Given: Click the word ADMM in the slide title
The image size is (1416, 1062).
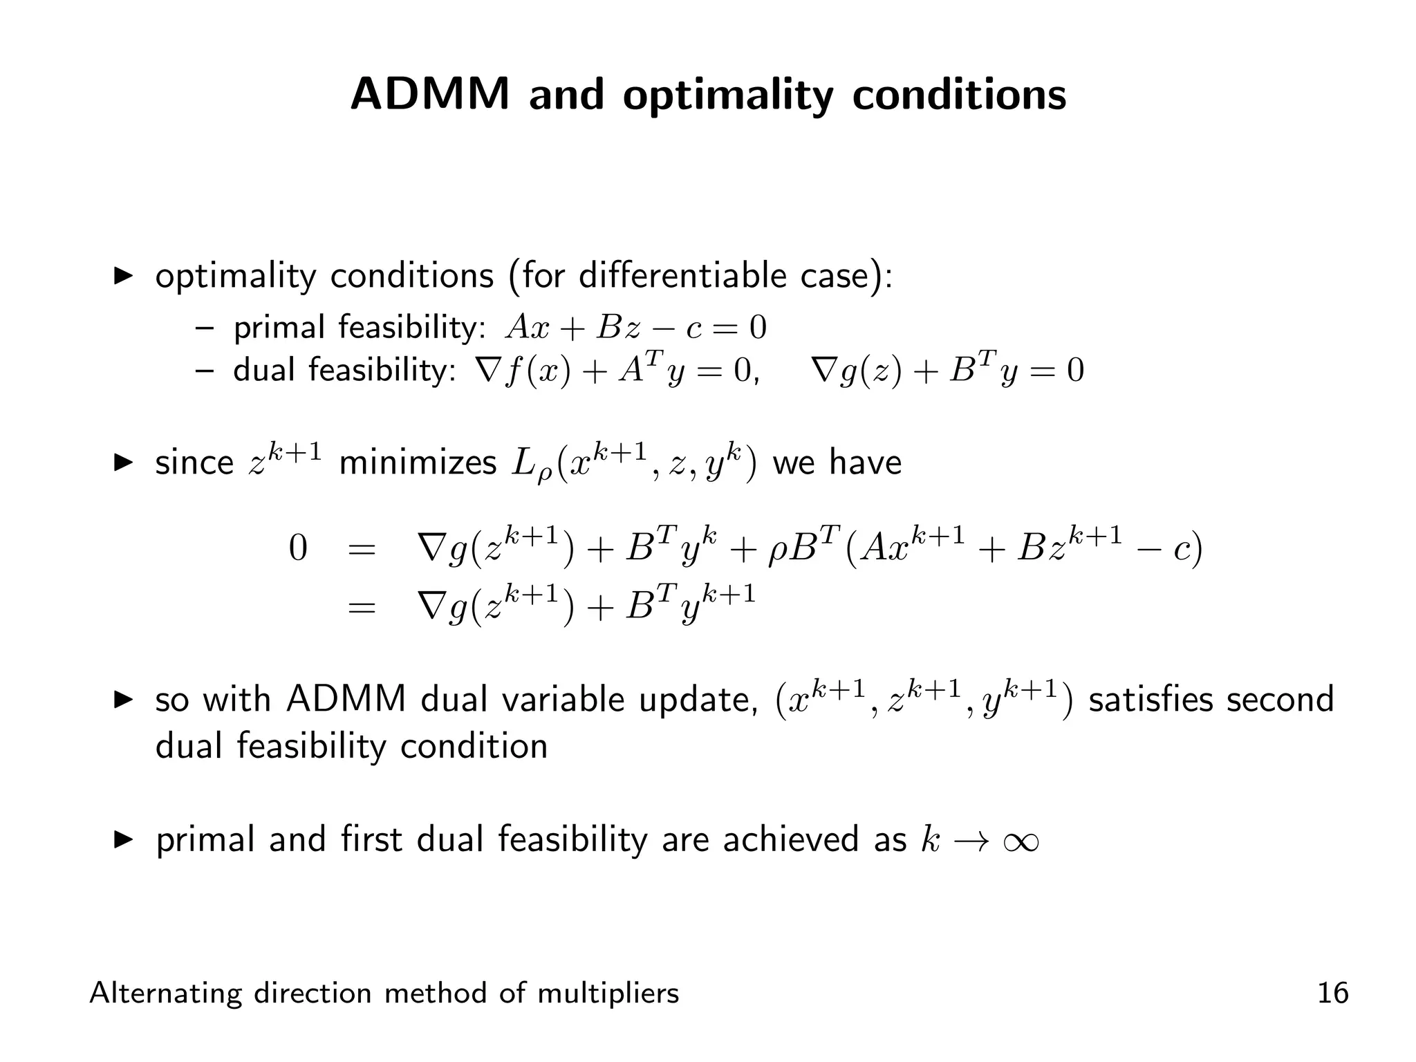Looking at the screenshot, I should click(x=429, y=94).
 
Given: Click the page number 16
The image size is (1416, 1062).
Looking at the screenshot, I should click(x=1332, y=994).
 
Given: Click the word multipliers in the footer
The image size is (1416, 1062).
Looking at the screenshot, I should click(x=608, y=994).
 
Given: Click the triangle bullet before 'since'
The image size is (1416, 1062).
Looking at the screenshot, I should click(x=123, y=462).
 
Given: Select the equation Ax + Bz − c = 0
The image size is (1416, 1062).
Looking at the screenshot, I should click(x=635, y=328).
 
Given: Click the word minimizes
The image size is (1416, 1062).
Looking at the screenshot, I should click(x=418, y=463).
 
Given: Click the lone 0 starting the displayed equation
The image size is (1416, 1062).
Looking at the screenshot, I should click(x=297, y=548).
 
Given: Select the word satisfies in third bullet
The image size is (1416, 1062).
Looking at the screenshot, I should click(x=1150, y=700).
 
